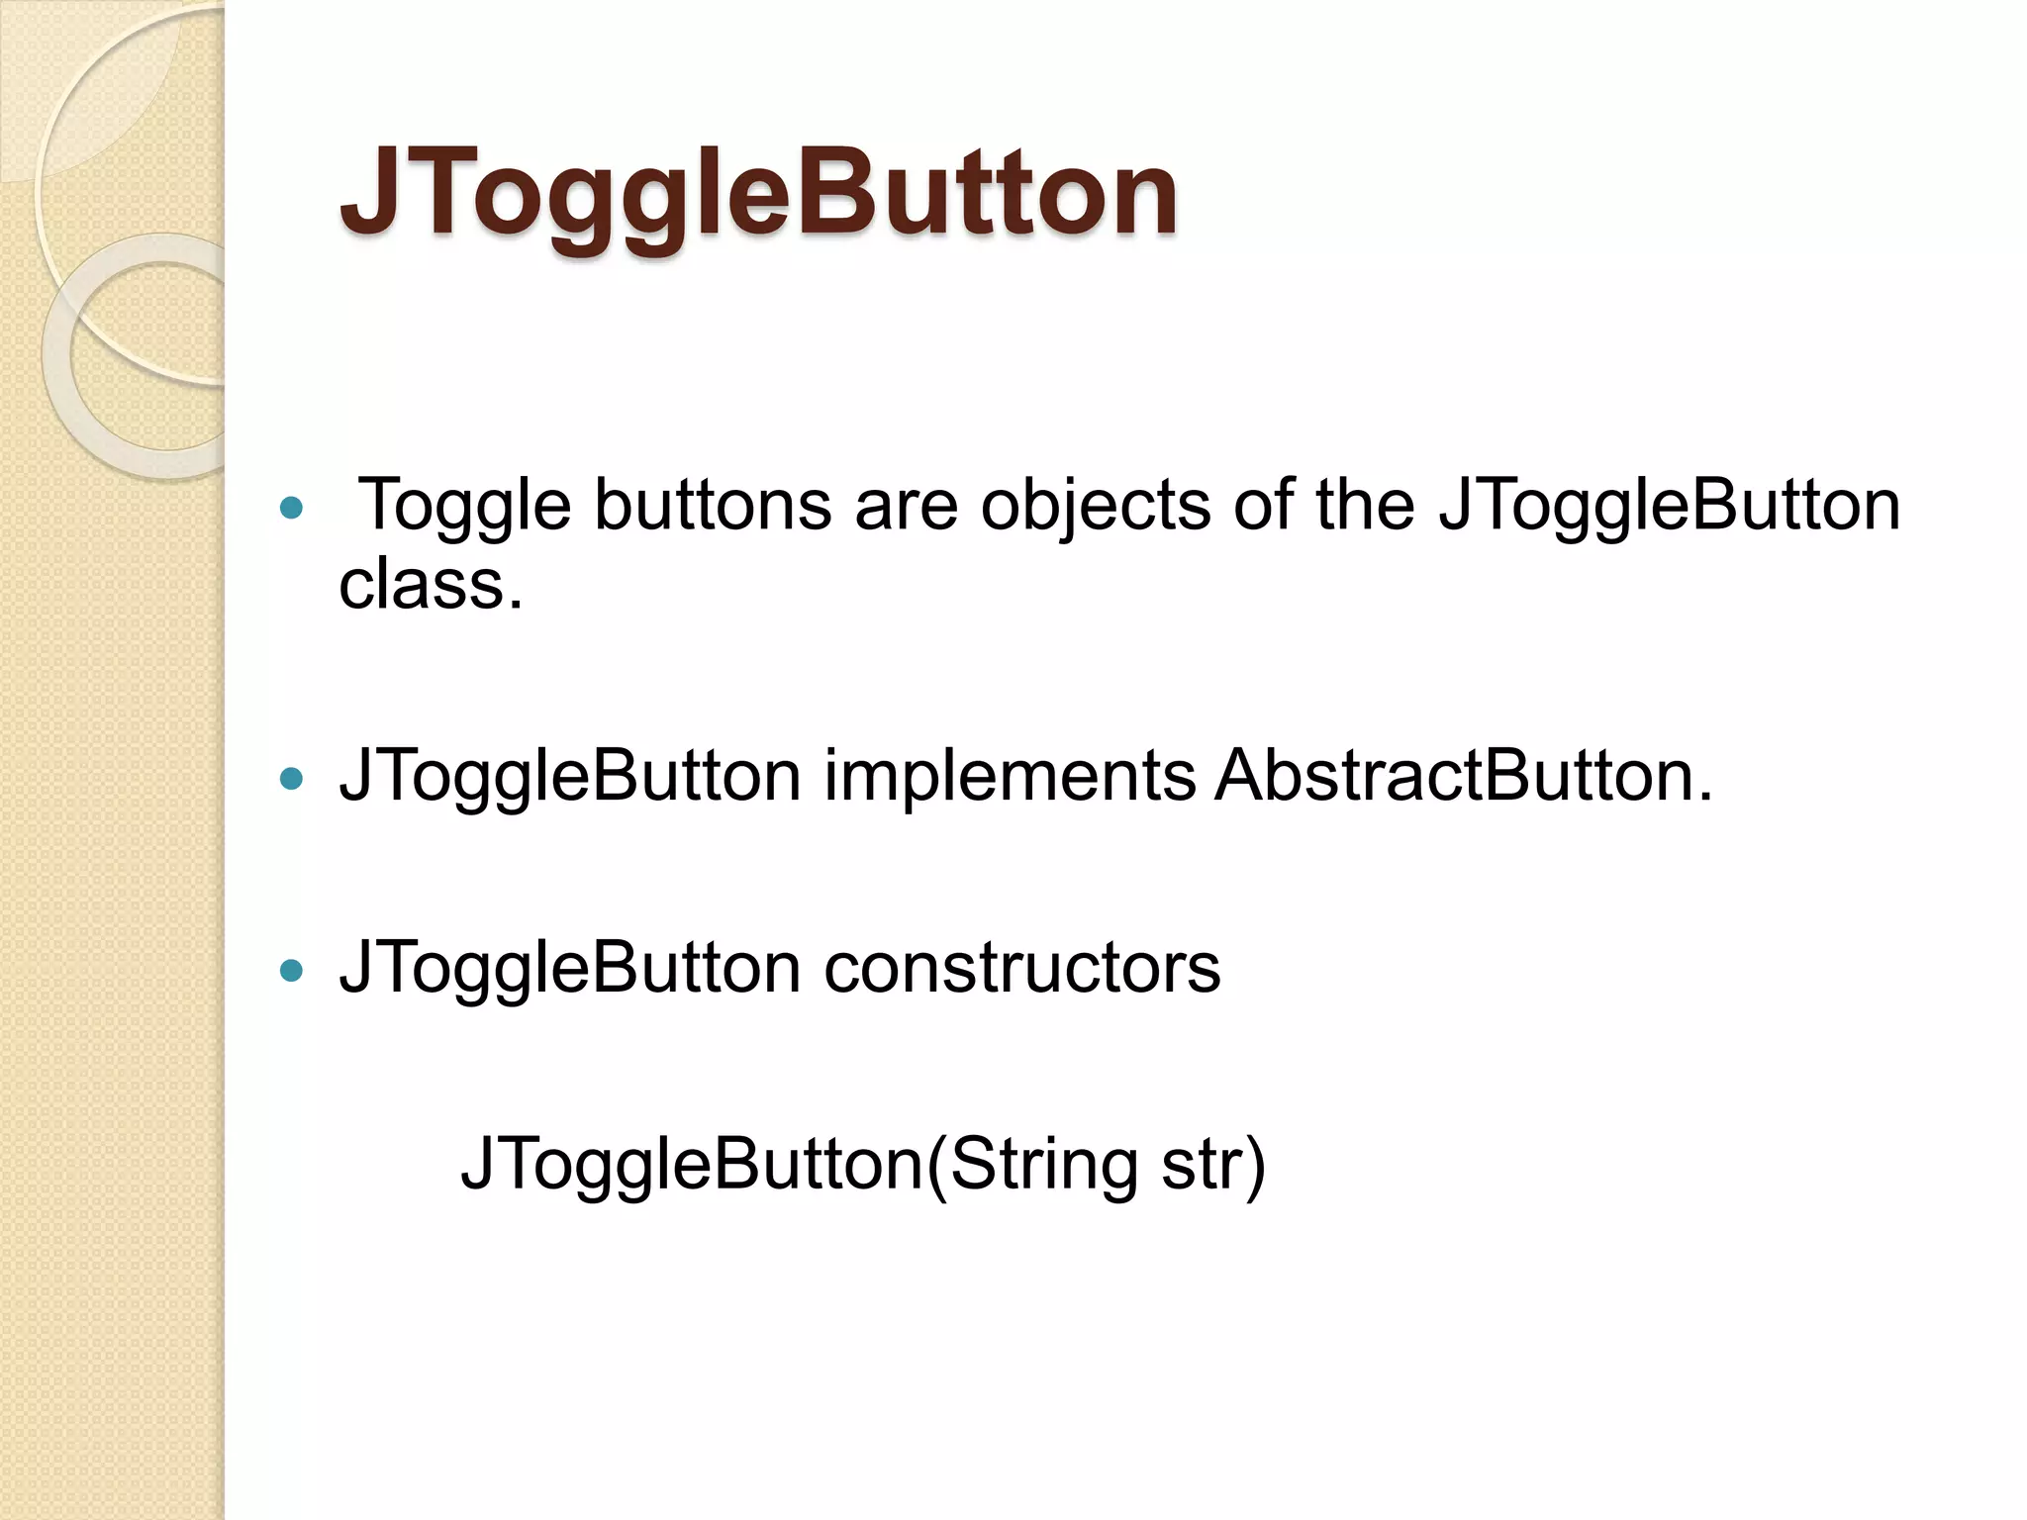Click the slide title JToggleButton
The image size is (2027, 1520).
pos(758,193)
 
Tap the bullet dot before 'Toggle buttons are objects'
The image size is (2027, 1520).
pos(291,509)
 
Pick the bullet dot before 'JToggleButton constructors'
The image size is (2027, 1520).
pos(291,971)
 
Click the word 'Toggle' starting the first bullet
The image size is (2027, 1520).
pos(463,507)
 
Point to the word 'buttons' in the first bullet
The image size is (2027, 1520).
pos(712,507)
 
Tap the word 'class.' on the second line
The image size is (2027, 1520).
pos(431,584)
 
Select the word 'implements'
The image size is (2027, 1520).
pos(1010,776)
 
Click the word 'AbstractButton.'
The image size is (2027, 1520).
pos(1464,776)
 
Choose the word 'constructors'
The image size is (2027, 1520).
pos(1022,968)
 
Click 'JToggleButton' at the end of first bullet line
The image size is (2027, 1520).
pos(1669,507)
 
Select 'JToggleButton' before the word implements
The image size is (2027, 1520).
pos(570,776)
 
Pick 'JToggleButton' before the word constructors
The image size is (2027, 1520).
pos(570,968)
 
